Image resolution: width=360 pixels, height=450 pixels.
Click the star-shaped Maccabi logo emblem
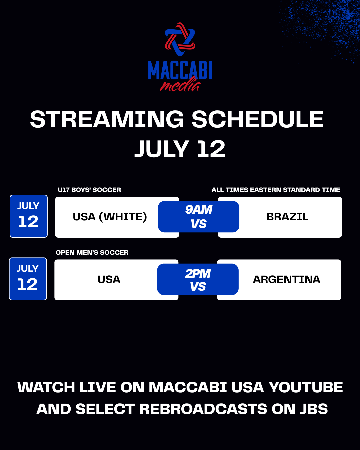pos(180,39)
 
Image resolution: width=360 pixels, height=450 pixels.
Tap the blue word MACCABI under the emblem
pos(180,70)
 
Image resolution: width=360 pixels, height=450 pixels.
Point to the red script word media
pos(180,85)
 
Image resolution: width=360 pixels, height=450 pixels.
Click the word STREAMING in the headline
pos(107,119)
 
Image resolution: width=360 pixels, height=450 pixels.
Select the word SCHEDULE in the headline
pos(258,119)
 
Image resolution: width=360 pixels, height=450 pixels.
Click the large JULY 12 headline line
pos(180,149)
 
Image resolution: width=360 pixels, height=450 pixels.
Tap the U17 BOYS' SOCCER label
pos(89,190)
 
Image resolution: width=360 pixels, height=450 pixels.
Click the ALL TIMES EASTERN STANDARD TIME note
pos(276,190)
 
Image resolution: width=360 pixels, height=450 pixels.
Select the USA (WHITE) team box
pos(117,217)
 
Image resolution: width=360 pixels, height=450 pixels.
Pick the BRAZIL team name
pos(287,217)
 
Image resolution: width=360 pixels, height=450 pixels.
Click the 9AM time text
pos(199,210)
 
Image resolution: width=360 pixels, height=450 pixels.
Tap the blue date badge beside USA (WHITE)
pos(29,216)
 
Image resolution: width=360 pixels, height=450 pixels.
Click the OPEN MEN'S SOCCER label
pos(92,252)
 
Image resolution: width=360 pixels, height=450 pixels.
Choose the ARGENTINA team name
pos(287,280)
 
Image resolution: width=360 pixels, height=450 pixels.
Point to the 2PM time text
pos(198,274)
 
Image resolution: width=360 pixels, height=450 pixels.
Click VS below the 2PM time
pos(198,286)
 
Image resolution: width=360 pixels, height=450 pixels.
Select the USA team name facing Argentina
pos(109,280)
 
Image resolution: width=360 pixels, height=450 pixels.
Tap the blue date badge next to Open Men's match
pos(28,279)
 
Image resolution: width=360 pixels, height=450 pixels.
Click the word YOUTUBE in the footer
pos(306,387)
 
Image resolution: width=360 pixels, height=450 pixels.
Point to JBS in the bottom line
pos(314,409)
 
